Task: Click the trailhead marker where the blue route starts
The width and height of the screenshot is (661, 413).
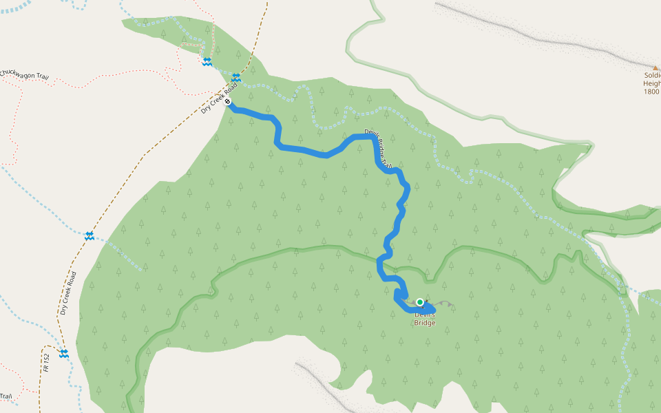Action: point(227,102)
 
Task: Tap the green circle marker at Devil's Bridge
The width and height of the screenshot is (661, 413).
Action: point(420,302)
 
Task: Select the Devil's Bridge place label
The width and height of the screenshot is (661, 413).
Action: point(425,319)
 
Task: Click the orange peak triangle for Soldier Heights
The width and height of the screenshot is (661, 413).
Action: point(655,67)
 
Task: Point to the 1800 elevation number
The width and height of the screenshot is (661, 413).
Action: point(652,92)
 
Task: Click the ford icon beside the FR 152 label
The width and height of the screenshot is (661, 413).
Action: point(64,353)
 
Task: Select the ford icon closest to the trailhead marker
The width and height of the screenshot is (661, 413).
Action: point(236,77)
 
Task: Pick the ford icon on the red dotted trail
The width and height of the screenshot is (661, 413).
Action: point(207,62)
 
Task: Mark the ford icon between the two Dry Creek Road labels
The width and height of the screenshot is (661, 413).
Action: point(90,236)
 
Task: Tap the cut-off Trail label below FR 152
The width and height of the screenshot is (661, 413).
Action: point(6,396)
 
